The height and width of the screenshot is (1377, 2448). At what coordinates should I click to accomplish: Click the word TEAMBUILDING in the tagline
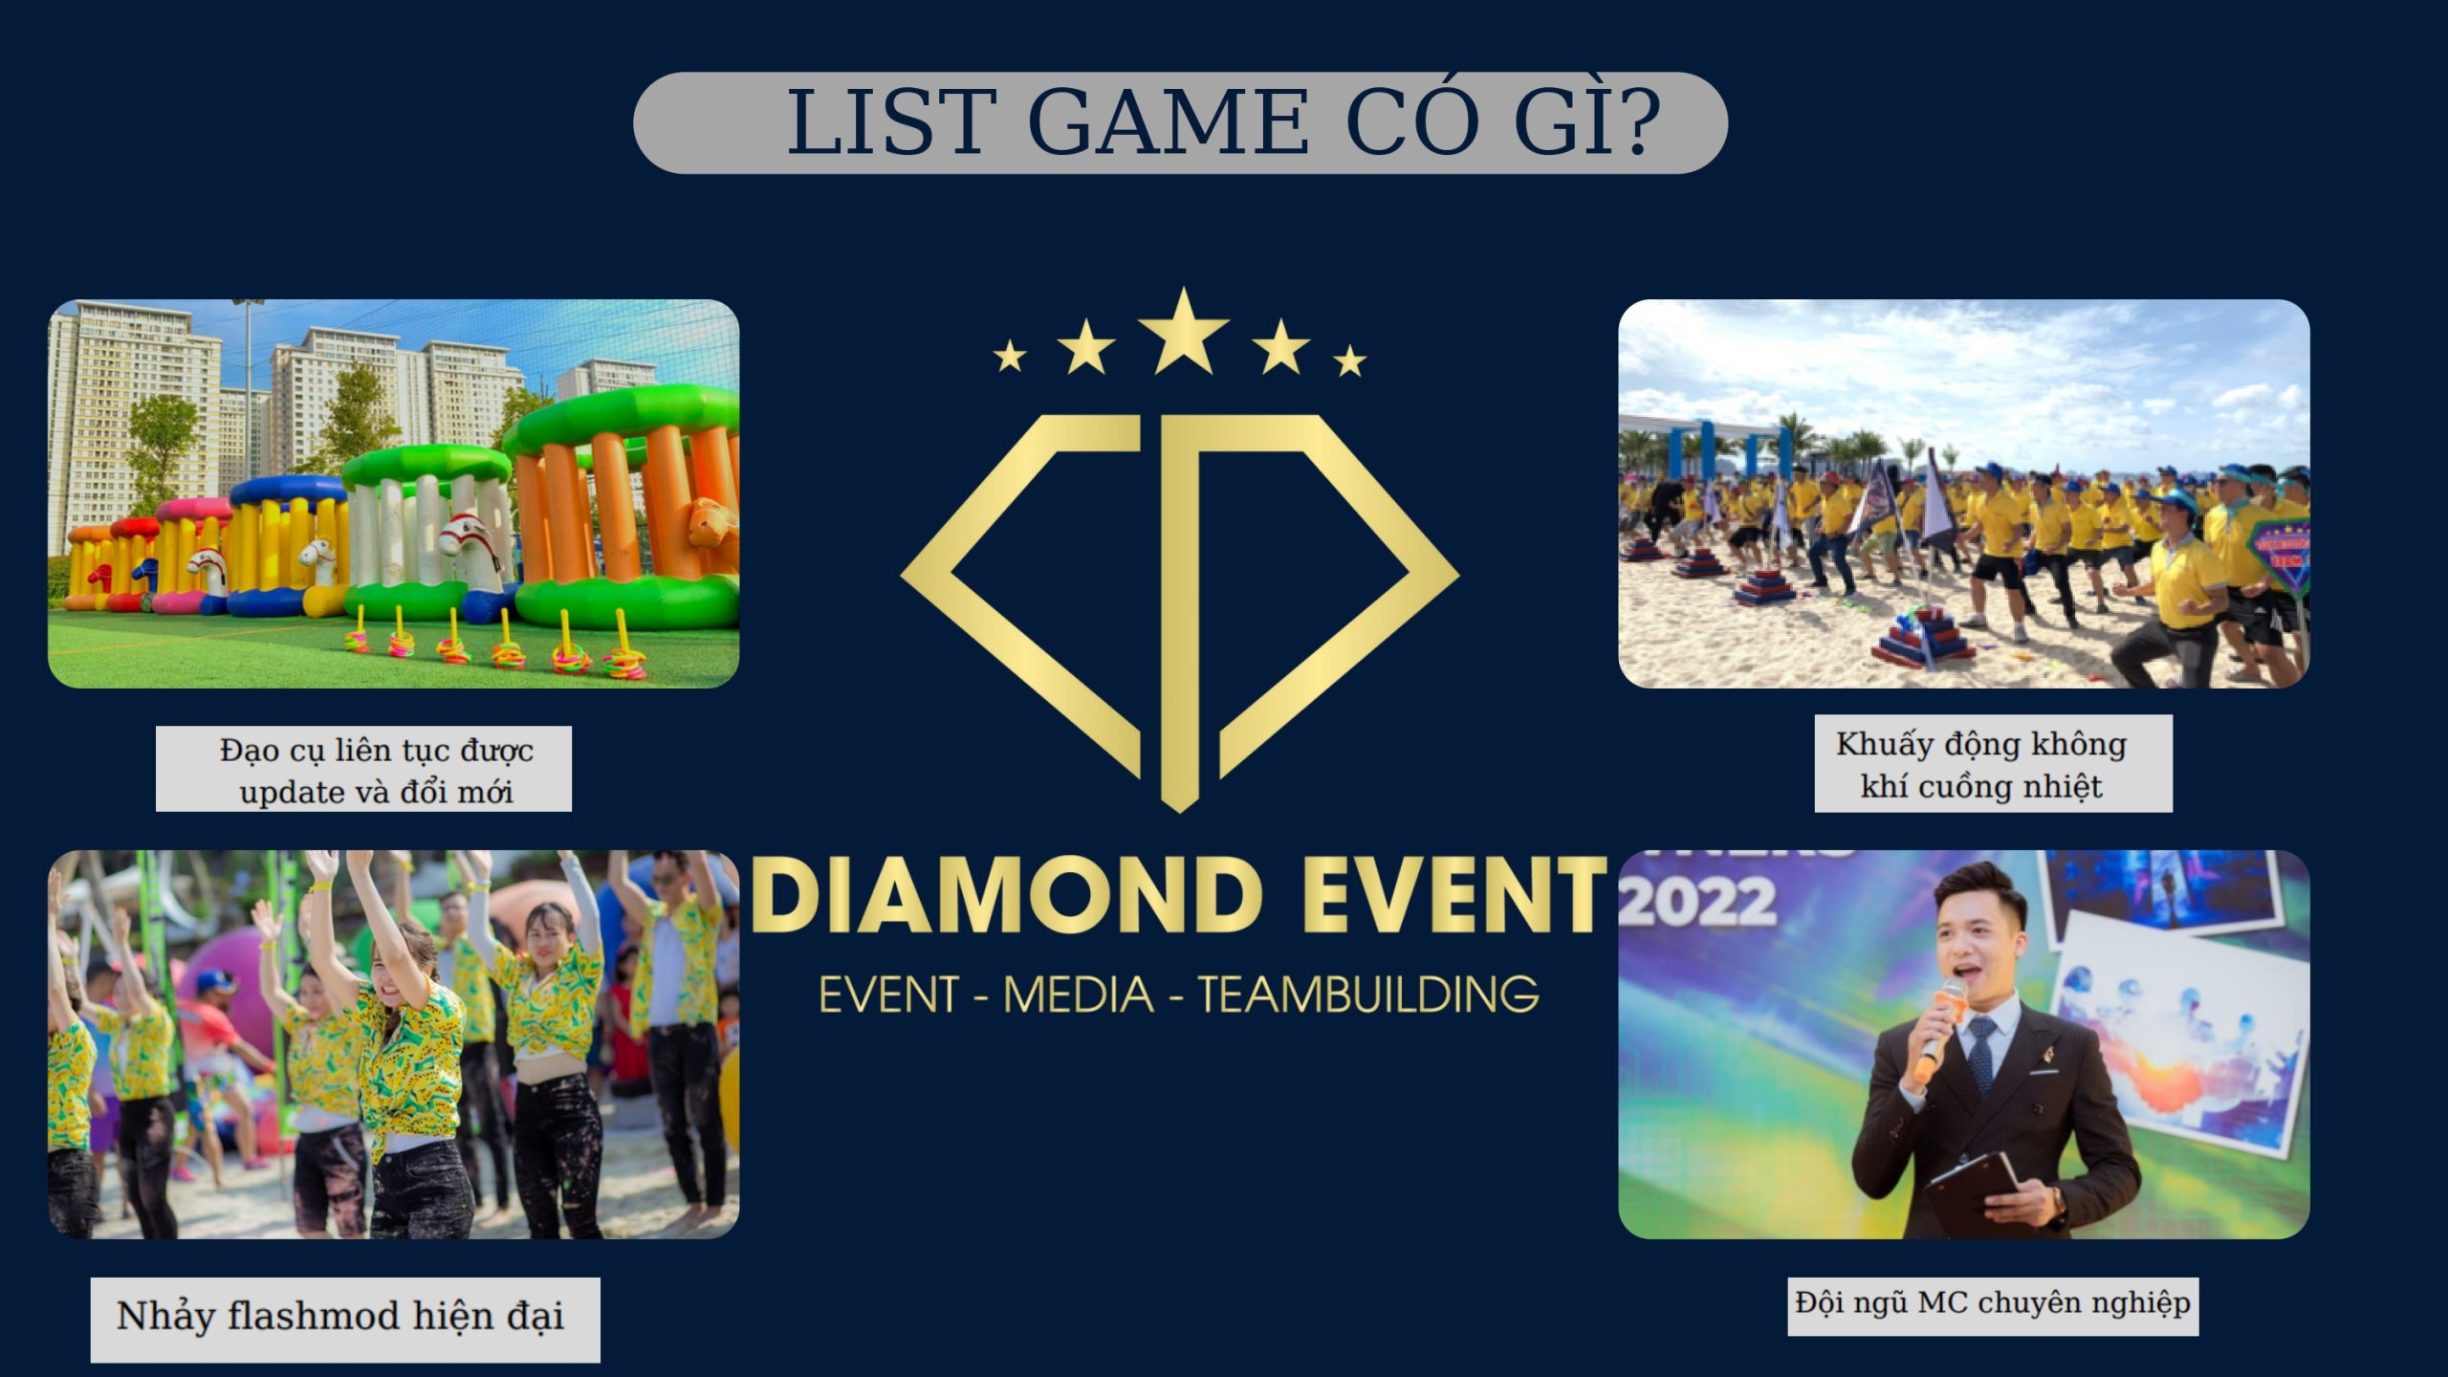point(1368,994)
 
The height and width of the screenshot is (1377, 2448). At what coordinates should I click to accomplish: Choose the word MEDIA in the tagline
point(1079,994)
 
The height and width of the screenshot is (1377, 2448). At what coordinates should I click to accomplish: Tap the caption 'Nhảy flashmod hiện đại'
point(340,1317)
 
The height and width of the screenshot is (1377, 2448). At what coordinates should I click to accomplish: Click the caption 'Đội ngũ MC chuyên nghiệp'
point(1993,1303)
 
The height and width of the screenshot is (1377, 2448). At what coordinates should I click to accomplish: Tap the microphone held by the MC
point(1939,1023)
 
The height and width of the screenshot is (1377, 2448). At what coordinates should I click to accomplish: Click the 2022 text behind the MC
point(1697,903)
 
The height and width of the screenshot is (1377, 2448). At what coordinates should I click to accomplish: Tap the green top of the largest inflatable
point(622,419)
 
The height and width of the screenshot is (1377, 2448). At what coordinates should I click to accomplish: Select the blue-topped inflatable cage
point(287,545)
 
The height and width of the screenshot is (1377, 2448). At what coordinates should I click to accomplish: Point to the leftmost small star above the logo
point(1010,358)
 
